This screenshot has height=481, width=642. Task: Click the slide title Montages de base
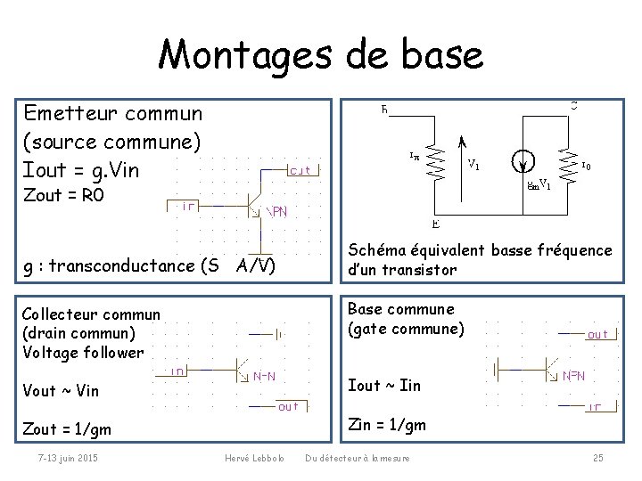click(x=321, y=55)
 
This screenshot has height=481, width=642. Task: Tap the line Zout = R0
click(x=64, y=192)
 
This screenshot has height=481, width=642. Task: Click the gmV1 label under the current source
click(x=539, y=185)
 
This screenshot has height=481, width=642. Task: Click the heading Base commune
click(x=401, y=309)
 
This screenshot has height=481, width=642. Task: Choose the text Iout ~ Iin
click(x=384, y=385)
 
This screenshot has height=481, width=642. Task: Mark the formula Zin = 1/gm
click(x=387, y=425)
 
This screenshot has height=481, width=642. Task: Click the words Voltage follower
click(x=82, y=352)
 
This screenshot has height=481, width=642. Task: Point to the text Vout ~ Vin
click(x=60, y=390)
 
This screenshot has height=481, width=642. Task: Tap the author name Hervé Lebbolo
click(x=254, y=458)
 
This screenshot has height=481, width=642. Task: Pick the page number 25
click(x=597, y=458)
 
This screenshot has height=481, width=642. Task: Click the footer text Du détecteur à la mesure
click(x=358, y=458)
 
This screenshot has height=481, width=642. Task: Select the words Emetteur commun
click(x=113, y=113)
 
